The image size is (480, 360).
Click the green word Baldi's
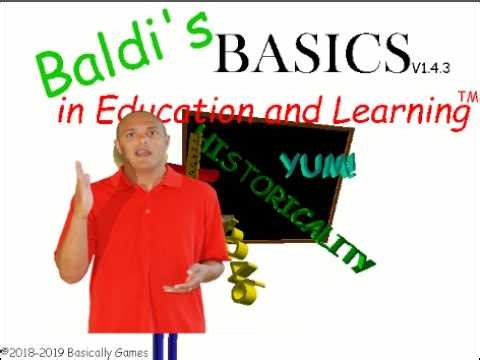click(124, 57)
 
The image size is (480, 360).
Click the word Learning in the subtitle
click(401, 110)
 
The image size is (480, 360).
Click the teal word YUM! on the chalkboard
click(318, 165)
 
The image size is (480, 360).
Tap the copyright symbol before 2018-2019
click(5, 352)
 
